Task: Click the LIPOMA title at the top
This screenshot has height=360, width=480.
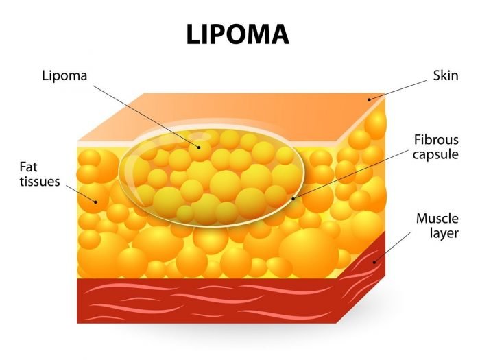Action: tap(237, 34)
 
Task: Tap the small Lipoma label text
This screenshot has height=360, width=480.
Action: tap(64, 76)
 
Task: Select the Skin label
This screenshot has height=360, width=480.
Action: tap(446, 75)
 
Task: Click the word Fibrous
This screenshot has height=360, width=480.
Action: tap(436, 140)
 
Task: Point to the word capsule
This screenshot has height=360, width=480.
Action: tap(435, 154)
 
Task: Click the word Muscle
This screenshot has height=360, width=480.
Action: tap(437, 219)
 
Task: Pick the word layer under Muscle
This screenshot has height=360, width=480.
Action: tap(444, 233)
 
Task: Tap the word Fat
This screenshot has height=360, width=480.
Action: tap(29, 167)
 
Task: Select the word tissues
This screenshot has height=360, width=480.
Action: tap(40, 182)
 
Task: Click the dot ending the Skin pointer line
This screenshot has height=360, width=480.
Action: tap(369, 99)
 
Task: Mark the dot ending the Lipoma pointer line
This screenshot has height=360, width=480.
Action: tap(199, 147)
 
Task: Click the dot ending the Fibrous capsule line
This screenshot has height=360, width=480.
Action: tap(293, 199)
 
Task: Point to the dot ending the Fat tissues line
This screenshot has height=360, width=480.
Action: tap(95, 202)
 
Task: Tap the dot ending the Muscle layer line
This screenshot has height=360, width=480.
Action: tap(374, 262)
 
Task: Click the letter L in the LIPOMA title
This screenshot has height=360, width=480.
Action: tap(194, 34)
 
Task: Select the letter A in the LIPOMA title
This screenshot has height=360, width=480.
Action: tap(278, 34)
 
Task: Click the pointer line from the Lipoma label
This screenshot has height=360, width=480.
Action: tap(146, 117)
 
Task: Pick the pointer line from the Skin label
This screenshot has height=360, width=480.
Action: tap(398, 90)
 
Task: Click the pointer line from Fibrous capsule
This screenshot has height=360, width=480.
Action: tap(350, 174)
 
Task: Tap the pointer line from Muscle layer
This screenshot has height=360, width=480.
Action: tap(392, 248)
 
